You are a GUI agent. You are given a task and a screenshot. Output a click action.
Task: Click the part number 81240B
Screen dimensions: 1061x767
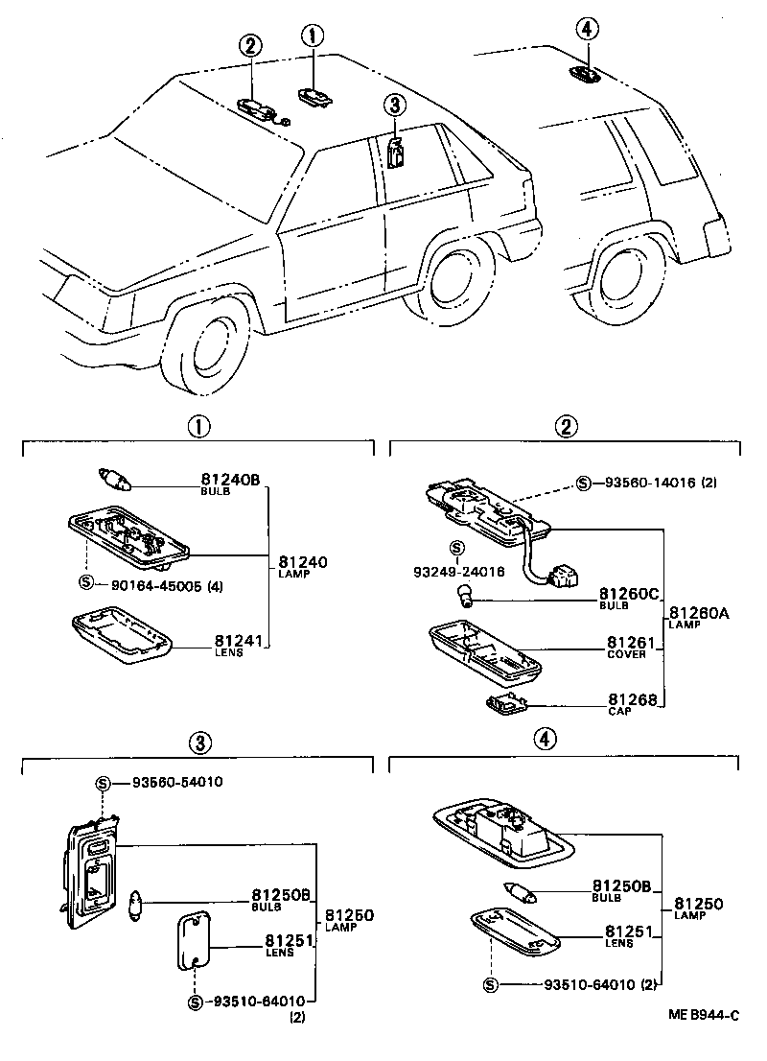(x=230, y=479)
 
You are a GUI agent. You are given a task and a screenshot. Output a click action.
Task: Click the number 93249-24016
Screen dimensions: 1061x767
(x=458, y=572)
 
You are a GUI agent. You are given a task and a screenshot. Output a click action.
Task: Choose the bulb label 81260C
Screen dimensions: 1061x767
(x=630, y=595)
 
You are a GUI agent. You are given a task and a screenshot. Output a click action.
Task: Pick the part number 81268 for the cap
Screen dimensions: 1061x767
(x=631, y=701)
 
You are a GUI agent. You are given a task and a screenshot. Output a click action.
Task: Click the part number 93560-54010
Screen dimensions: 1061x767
(x=170, y=782)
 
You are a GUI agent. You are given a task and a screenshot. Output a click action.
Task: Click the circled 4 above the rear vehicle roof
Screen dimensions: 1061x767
(x=588, y=29)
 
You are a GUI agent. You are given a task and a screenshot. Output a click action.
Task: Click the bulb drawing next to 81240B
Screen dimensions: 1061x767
(x=116, y=476)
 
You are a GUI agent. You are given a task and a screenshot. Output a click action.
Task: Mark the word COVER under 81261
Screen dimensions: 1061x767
(x=627, y=654)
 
